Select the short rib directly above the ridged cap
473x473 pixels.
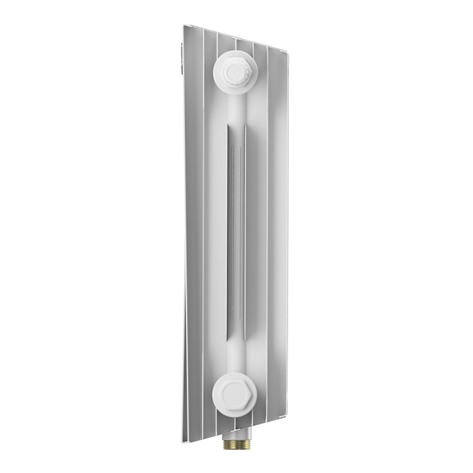tap(235, 45)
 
